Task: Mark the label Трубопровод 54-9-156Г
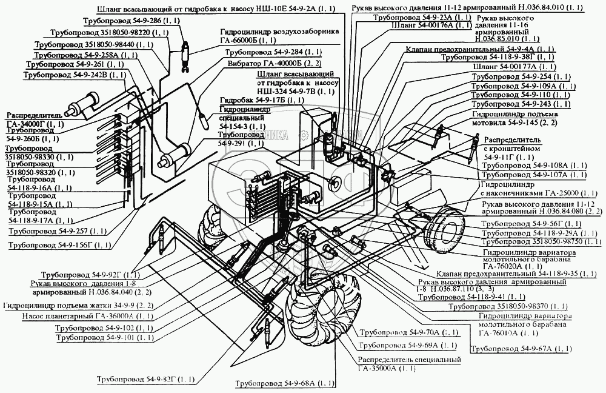click(60, 245)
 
